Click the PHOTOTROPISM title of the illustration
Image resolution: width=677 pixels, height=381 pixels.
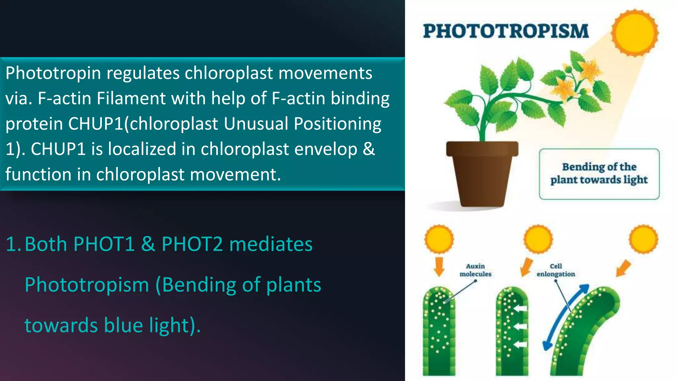tap(506, 31)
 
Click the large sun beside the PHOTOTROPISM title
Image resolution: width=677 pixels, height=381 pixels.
tap(635, 32)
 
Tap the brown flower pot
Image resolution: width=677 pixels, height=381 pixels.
tap(482, 172)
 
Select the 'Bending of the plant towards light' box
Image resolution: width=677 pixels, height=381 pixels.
tap(599, 174)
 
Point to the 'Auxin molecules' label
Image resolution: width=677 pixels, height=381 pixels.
tap(475, 270)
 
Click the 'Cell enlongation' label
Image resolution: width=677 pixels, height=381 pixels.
tap(556, 270)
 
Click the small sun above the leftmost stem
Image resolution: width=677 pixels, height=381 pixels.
tap(439, 239)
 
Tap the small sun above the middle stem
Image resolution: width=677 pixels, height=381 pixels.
tap(538, 239)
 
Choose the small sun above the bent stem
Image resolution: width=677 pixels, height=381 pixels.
tap(643, 239)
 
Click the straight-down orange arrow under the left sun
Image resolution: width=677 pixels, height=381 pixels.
tap(439, 267)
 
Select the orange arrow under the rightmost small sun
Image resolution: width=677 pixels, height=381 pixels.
tap(623, 268)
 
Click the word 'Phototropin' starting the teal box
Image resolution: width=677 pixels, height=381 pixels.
tap(53, 73)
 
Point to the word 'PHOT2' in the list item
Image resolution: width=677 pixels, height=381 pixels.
tap(192, 244)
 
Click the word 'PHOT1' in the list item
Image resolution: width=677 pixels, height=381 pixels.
tap(104, 244)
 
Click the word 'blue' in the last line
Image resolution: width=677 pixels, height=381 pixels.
tap(123, 325)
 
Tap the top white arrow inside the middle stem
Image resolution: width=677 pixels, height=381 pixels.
tap(521, 309)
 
